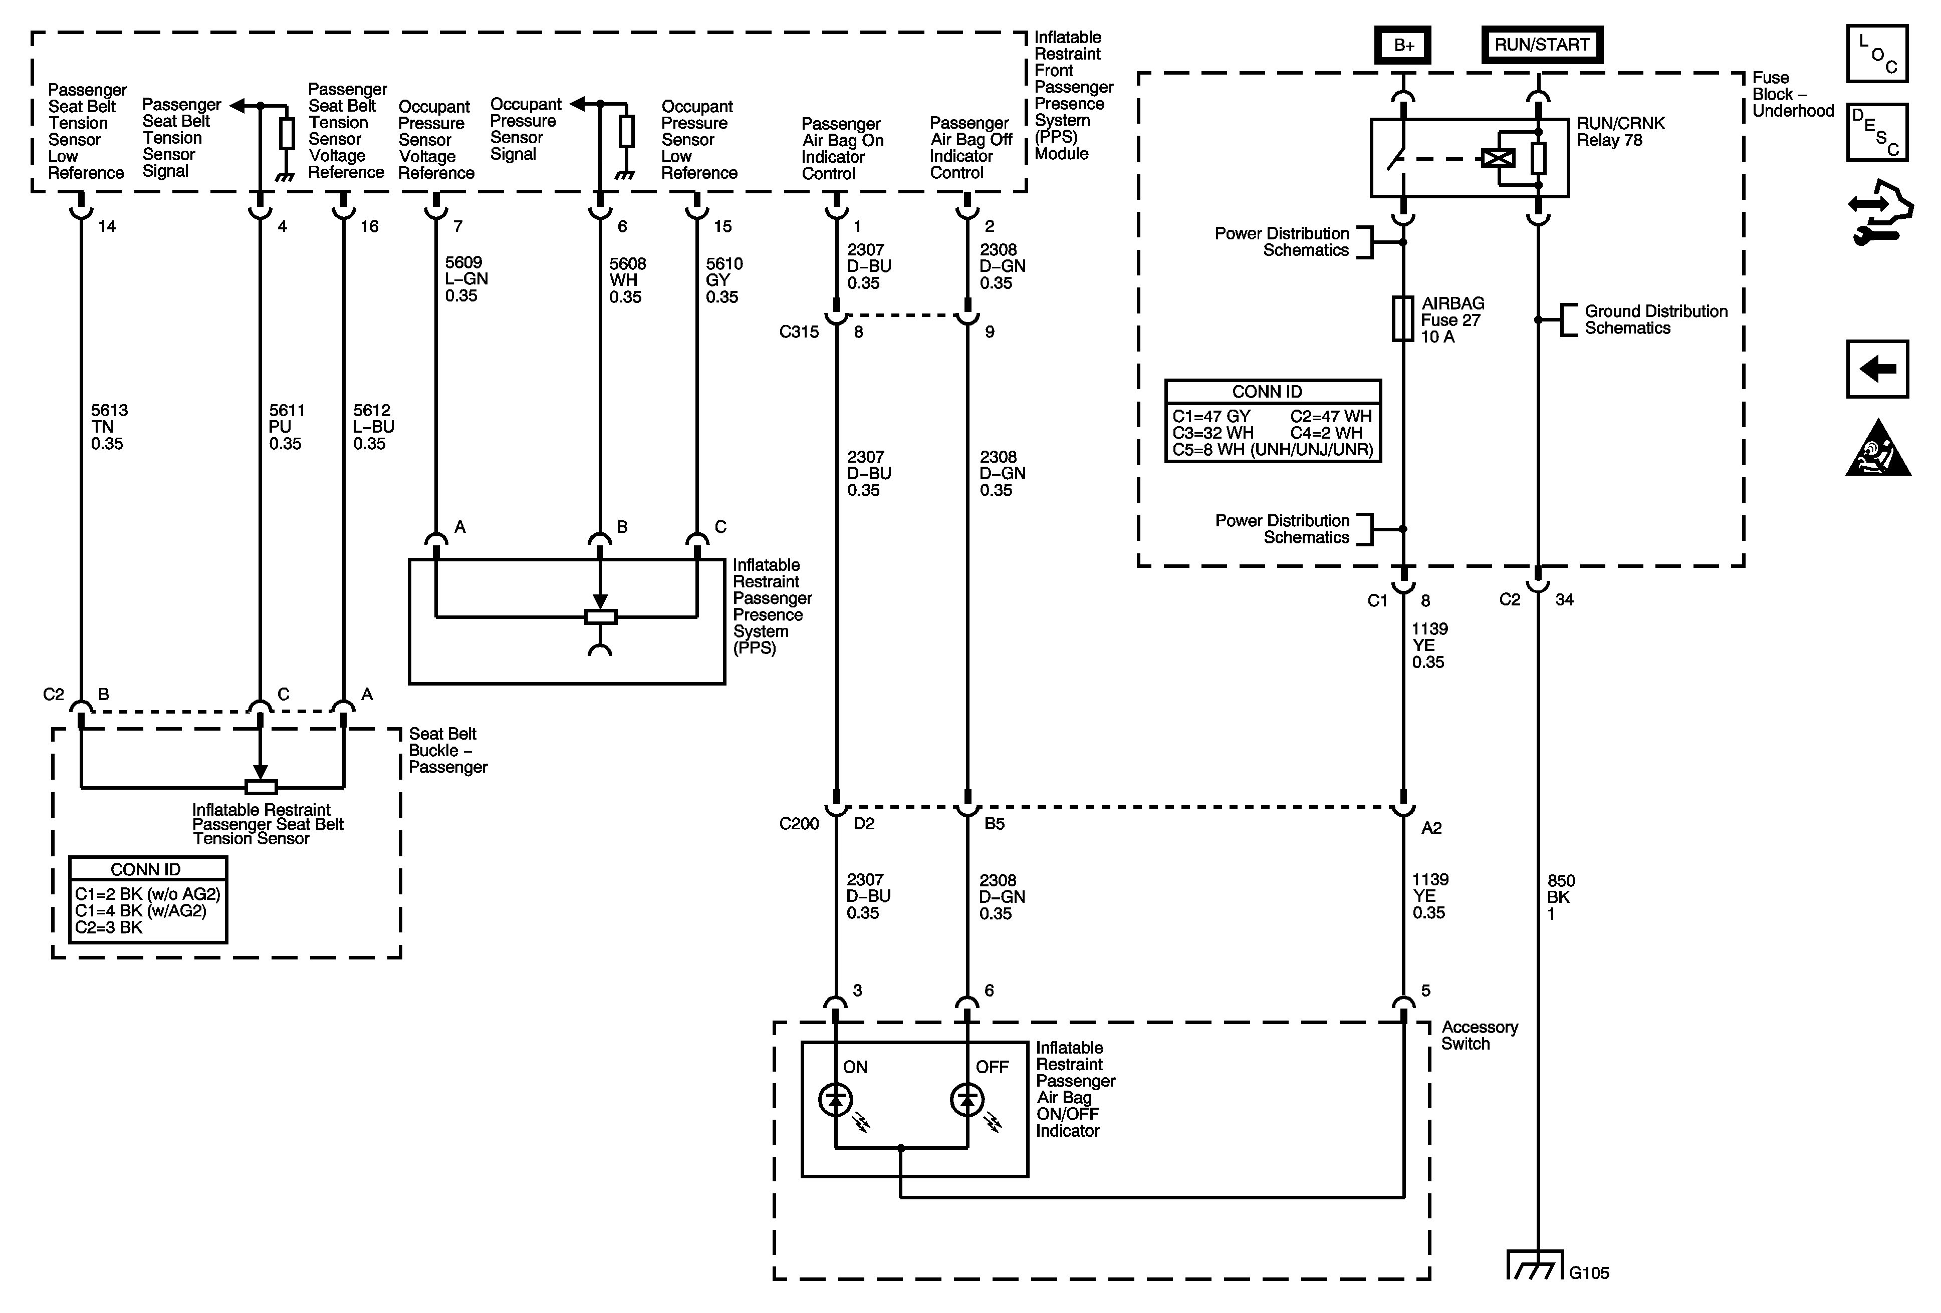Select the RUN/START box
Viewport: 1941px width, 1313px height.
pyautogui.click(x=1542, y=45)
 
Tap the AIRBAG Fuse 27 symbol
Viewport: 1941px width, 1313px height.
pyautogui.click(x=1403, y=319)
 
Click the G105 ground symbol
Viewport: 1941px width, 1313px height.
pyautogui.click(x=1535, y=1264)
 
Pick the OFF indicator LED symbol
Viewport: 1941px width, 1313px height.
pyautogui.click(x=967, y=1100)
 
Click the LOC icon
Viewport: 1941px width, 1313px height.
pyautogui.click(x=1877, y=54)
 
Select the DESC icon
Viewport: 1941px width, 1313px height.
pyautogui.click(x=1877, y=132)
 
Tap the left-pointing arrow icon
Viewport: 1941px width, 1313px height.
pyautogui.click(x=1877, y=368)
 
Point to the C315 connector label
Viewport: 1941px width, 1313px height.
pyautogui.click(x=799, y=332)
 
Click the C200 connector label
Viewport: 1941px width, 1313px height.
pyautogui.click(x=799, y=824)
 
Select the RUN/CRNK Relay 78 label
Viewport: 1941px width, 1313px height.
pyautogui.click(x=1620, y=132)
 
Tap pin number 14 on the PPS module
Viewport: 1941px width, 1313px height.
pyautogui.click(x=107, y=226)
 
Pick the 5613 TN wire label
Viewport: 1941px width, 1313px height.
pyautogui.click(x=109, y=427)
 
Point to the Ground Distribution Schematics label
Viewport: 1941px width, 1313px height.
pyautogui.click(x=1655, y=319)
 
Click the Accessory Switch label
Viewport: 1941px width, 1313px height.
pyautogui.click(x=1479, y=1035)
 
